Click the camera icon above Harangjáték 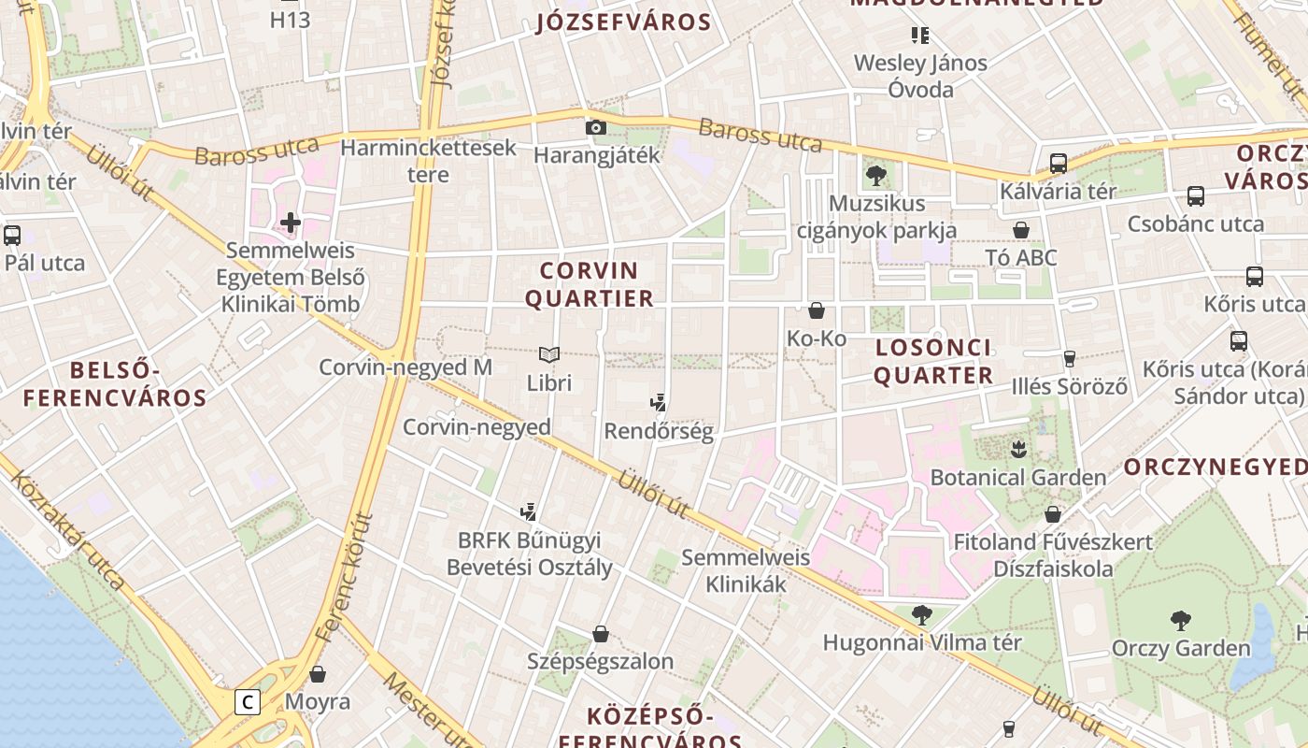[595, 127]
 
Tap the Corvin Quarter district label [589, 284]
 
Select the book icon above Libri [549, 354]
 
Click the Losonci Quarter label [932, 361]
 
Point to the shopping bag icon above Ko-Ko [817, 309]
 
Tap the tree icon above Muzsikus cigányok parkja [875, 174]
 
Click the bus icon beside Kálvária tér [1059, 163]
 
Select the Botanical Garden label [1018, 477]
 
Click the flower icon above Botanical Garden [1018, 449]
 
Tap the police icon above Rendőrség [659, 403]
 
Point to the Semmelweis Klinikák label [746, 570]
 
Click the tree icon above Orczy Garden [1181, 619]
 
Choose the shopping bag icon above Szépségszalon [601, 634]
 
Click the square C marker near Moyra [248, 701]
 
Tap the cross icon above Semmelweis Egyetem [291, 223]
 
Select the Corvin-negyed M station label [405, 367]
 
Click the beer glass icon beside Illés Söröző [1070, 358]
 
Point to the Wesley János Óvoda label [920, 76]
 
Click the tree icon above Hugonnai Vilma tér [921, 614]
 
